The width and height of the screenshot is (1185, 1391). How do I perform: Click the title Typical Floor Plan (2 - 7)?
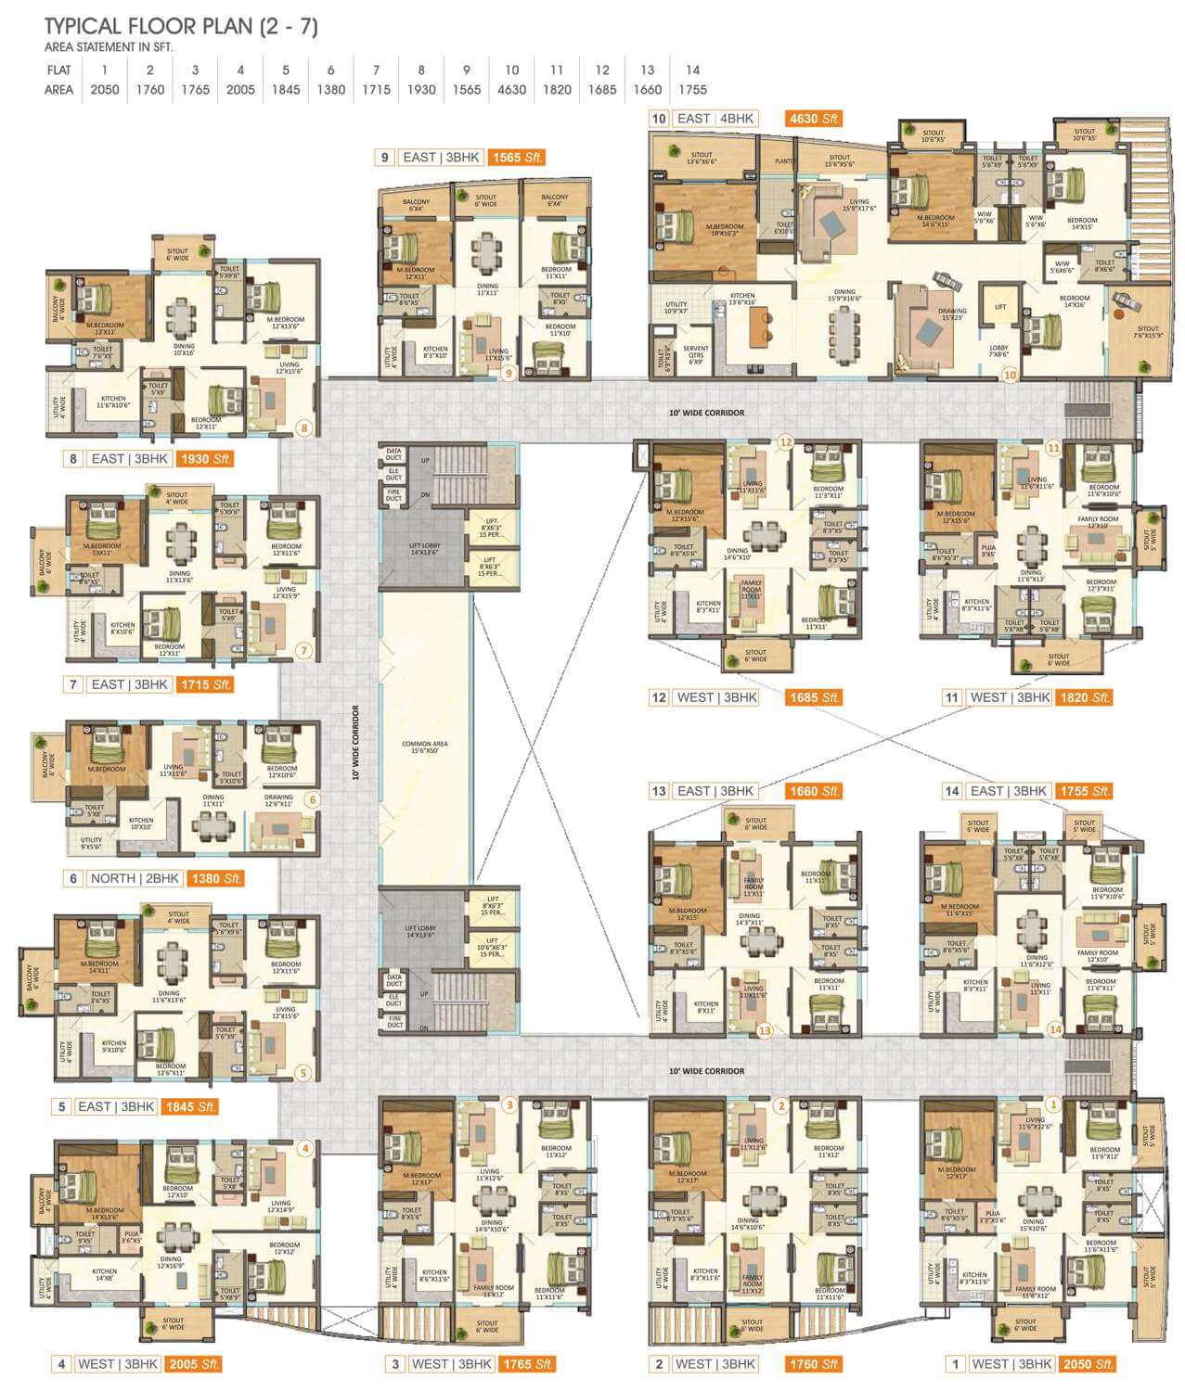pos(181,27)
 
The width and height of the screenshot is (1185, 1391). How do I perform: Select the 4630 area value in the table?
pos(511,90)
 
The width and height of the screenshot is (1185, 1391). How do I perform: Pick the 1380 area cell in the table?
pos(330,90)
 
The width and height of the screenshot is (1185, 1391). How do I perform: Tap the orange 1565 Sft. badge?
pos(518,158)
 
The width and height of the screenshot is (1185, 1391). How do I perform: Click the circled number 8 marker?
pos(303,428)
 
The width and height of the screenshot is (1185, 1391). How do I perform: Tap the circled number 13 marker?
pos(765,1029)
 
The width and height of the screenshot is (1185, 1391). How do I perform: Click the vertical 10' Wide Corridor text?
pos(355,744)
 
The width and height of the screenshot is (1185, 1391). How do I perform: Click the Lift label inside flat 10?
pos(999,306)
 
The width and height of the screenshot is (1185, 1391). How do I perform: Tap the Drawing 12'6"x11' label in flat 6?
pos(278,800)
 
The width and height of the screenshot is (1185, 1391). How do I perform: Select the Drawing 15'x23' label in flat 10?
pos(952,315)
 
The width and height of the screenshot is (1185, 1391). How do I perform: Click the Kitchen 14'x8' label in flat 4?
pos(104,1275)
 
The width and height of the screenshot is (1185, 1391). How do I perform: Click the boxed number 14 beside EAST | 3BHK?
pos(951,791)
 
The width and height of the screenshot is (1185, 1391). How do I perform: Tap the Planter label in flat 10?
pos(783,161)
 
